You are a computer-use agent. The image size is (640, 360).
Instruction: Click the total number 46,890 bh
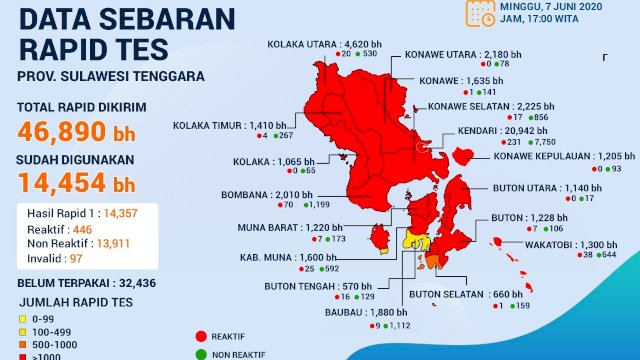tap(76, 130)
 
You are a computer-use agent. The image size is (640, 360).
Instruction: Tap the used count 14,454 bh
tap(76, 183)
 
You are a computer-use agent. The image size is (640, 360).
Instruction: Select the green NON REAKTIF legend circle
tap(201, 353)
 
